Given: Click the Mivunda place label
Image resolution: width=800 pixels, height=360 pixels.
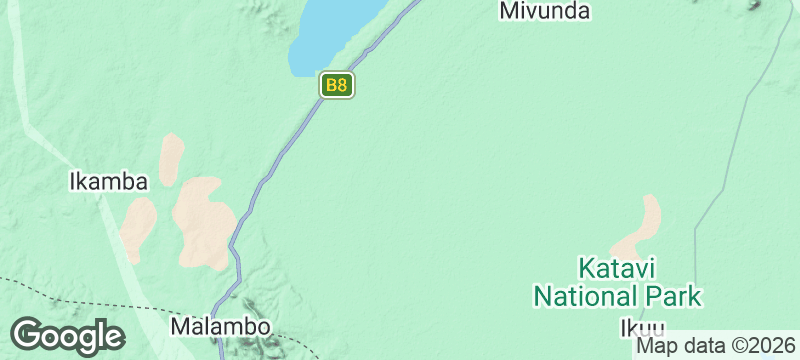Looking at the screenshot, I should [544, 11].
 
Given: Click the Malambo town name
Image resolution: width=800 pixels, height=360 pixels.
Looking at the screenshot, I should [220, 327].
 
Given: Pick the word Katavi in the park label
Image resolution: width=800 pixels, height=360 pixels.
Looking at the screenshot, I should [617, 269].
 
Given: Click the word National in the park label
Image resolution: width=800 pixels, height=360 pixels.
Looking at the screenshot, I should [585, 296].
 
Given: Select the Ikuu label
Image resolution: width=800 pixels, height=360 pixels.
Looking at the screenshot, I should [641, 327].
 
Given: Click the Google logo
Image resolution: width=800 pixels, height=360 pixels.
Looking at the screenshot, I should [67, 335].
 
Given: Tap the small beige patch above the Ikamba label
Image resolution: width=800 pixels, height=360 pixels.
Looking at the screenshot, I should [172, 156].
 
